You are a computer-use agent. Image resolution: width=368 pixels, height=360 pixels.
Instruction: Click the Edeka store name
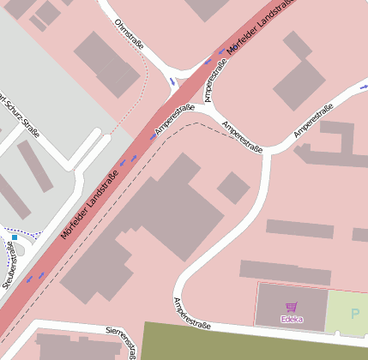[x=291, y=319]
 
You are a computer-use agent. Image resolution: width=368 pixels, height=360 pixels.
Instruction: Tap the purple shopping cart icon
[x=291, y=307]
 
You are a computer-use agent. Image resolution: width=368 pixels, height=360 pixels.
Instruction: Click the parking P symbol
[x=355, y=312]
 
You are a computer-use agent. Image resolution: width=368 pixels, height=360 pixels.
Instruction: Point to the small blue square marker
[x=15, y=237]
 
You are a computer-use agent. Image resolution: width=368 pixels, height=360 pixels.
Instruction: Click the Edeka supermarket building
[x=292, y=306]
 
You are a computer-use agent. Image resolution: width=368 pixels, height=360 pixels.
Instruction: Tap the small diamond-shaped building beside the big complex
[x=233, y=188]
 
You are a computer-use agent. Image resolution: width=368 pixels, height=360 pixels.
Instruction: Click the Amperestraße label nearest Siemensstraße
[x=192, y=314]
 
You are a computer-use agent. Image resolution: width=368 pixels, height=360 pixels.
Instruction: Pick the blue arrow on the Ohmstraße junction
[x=172, y=82]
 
